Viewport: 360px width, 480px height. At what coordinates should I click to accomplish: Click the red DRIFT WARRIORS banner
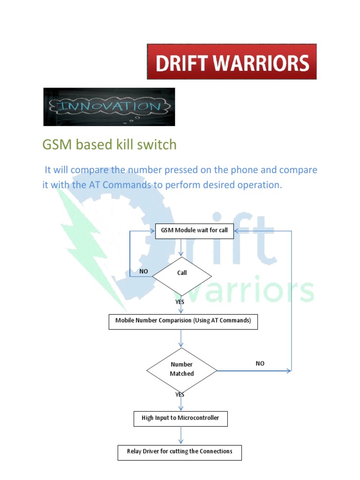coord(232,61)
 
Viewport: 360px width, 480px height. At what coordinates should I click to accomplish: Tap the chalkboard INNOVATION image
coord(109,107)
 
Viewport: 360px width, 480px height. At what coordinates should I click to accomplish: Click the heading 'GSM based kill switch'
coord(109,145)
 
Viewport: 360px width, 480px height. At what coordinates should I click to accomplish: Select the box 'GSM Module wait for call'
coord(194,231)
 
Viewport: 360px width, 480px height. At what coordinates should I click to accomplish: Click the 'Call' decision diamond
coord(182,273)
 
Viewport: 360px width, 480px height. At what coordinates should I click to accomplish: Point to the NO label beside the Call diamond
coord(144,271)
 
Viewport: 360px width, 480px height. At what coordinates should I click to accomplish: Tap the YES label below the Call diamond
coord(180,302)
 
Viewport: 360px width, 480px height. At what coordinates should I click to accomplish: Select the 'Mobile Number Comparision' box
coord(183,322)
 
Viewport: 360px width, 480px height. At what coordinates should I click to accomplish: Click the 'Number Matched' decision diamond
coord(181,369)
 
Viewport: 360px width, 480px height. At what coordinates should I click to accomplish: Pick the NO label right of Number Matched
coord(260,363)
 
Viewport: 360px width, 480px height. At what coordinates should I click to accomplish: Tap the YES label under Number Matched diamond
coord(180,395)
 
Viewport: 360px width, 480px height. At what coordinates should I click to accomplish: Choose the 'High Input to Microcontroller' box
coord(180,418)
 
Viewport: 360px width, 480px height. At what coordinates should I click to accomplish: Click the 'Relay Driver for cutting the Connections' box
coord(180,452)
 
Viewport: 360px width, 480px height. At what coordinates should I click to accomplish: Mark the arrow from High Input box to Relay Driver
coord(181,435)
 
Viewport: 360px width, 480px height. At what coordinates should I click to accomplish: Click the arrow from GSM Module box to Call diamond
coord(181,248)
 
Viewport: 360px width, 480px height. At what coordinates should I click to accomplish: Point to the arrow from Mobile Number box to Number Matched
coord(181,338)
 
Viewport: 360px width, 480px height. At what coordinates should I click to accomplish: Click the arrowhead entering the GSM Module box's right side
coord(237,231)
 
